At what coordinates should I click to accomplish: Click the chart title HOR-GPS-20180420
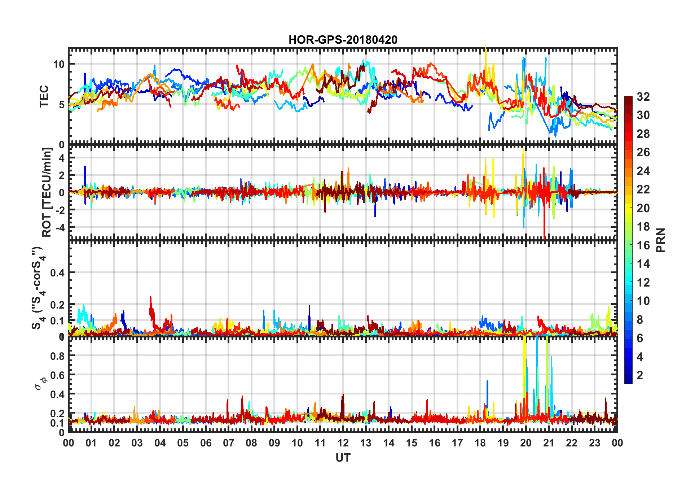(x=343, y=40)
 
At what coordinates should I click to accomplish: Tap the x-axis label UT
(x=343, y=458)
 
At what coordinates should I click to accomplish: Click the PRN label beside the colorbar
(x=660, y=240)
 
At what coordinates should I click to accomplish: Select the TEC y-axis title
(x=44, y=96)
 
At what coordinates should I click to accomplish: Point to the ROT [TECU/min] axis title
(x=47, y=192)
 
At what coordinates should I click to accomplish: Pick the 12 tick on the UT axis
(x=343, y=443)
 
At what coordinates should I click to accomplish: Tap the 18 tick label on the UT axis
(x=480, y=443)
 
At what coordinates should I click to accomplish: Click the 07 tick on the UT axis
(x=228, y=443)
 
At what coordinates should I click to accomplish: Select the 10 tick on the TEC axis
(x=58, y=64)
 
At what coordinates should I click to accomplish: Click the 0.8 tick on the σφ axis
(x=57, y=356)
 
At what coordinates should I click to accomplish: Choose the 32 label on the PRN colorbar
(x=643, y=96)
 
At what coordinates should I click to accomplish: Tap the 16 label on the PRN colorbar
(x=643, y=245)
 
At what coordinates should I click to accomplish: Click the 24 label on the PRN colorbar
(x=643, y=171)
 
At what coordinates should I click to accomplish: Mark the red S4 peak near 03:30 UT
(x=150, y=298)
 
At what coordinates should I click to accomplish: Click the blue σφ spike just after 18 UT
(x=487, y=381)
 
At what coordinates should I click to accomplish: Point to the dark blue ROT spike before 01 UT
(x=85, y=167)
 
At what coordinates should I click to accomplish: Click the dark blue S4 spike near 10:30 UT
(x=309, y=306)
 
